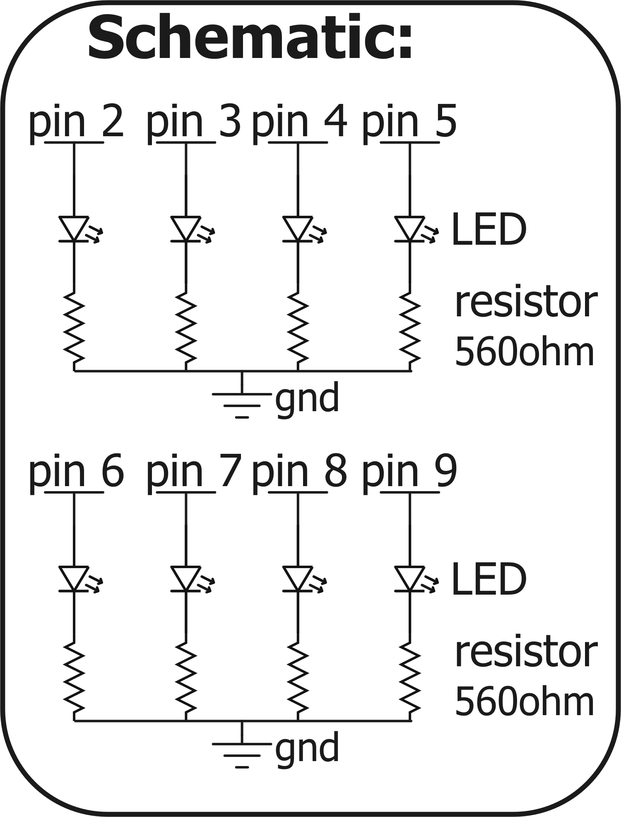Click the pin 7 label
194,472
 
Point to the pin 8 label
299,472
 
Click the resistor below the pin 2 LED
74,327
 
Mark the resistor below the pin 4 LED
298,327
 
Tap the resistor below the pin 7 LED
186,677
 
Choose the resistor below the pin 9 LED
410,677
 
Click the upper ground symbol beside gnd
242,400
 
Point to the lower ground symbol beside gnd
242,750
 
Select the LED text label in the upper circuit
489,230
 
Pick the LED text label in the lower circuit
489,580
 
